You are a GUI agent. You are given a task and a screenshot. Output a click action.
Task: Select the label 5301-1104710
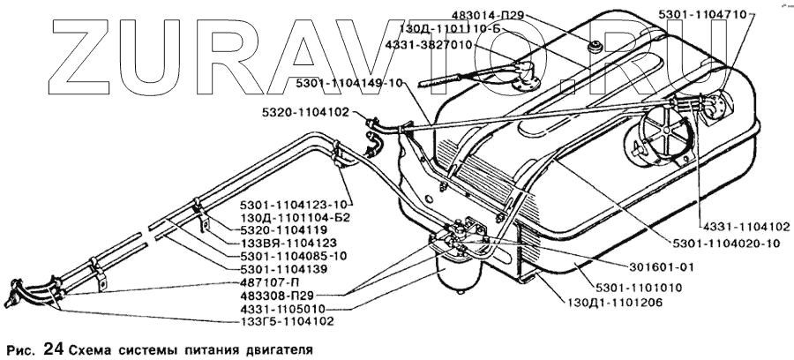coord(700,15)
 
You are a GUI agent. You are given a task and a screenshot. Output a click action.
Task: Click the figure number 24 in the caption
coord(52,348)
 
